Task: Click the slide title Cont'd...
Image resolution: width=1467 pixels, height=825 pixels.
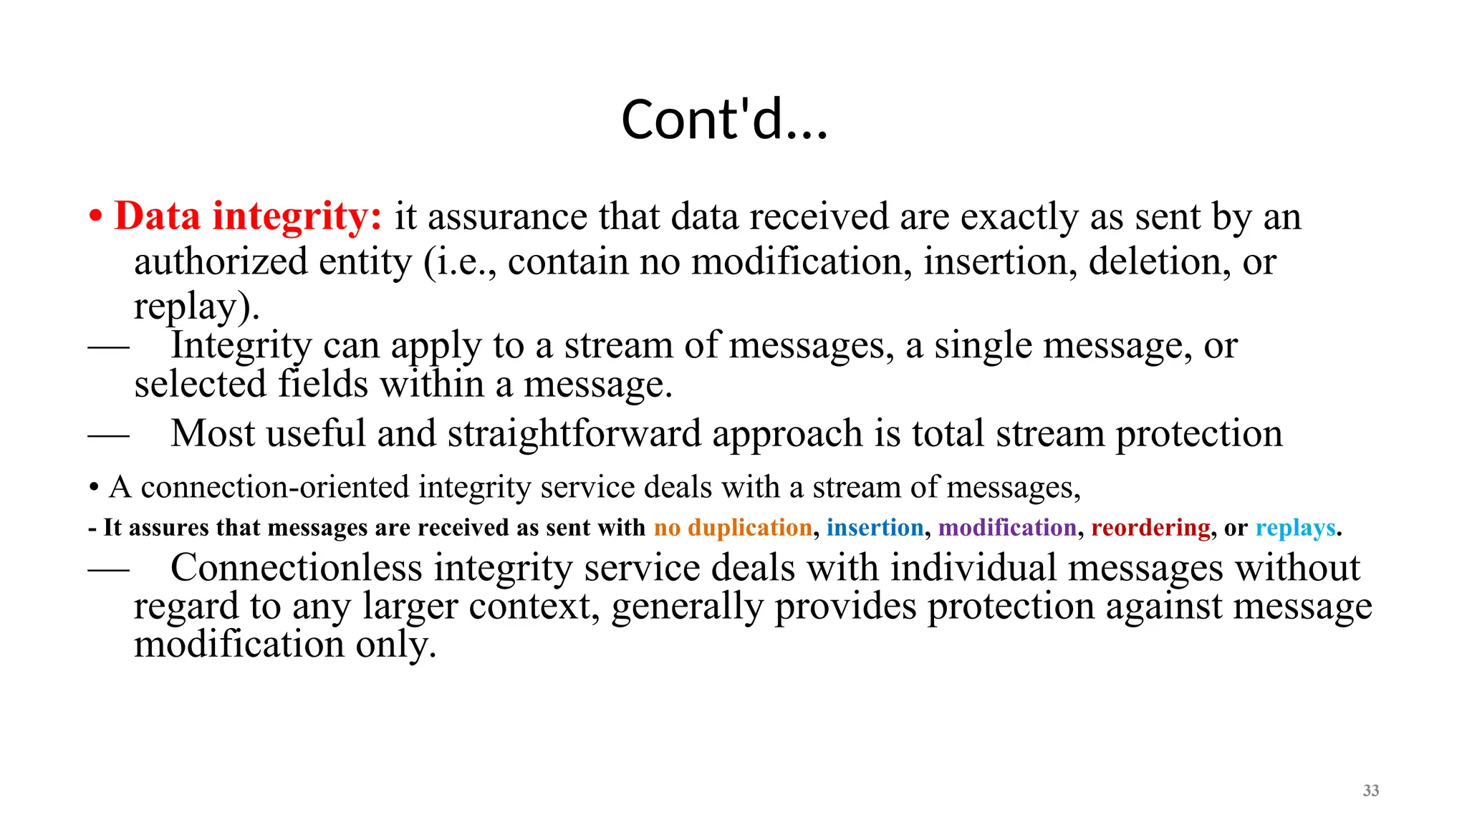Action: (724, 120)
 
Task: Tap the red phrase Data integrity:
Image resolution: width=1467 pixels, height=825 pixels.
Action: (249, 216)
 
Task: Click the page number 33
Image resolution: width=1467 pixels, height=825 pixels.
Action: (1370, 791)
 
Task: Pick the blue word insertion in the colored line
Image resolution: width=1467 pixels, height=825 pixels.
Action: (875, 528)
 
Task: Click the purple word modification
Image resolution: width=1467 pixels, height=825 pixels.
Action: (1007, 528)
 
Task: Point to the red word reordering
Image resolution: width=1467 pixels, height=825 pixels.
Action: (1150, 528)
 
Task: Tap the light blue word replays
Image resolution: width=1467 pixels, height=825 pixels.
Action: (1295, 528)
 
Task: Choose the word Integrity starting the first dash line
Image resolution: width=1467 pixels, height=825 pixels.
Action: (241, 346)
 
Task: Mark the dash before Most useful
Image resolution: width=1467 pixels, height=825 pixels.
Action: (108, 435)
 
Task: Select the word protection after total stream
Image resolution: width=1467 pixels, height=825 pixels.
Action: (1199, 434)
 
